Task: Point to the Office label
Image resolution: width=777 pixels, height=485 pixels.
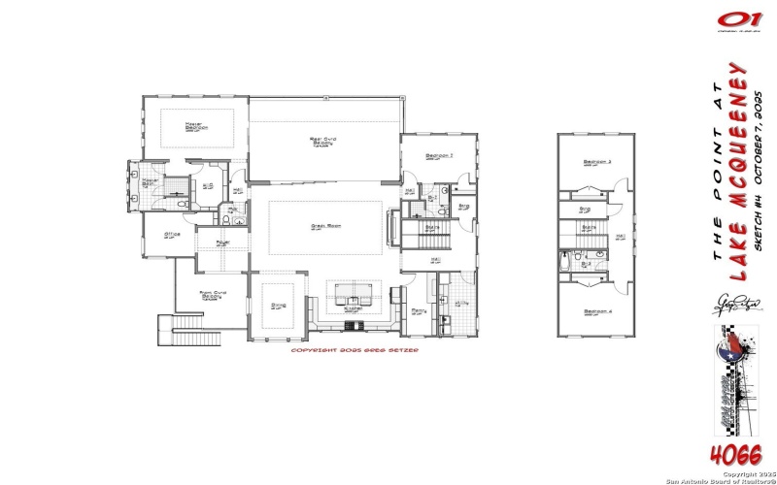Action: coord(172,234)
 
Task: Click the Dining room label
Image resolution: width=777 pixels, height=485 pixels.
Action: coord(279,304)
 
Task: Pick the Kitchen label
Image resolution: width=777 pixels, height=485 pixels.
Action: coord(354,308)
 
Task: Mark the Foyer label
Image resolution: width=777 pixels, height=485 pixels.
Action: coord(222,242)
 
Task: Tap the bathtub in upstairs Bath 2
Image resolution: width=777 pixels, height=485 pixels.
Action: coord(566,263)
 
